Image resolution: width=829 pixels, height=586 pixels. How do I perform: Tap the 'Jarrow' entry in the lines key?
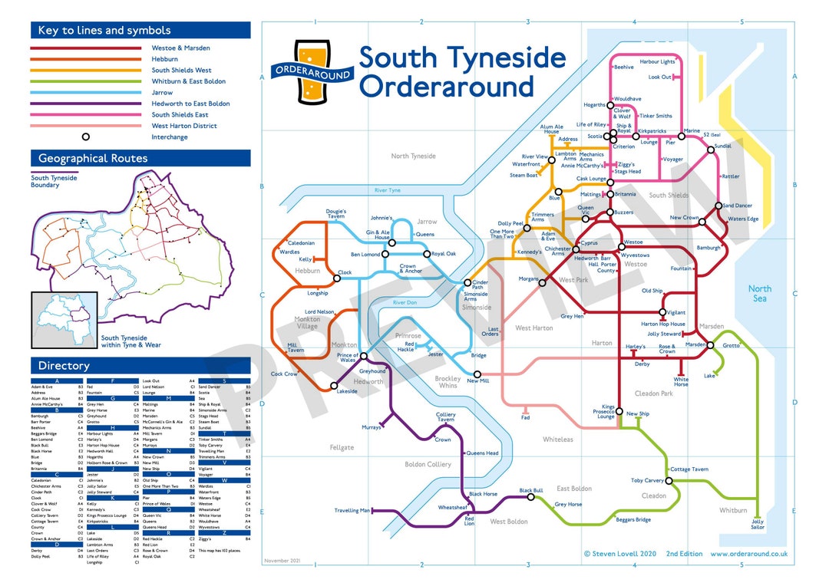click(162, 92)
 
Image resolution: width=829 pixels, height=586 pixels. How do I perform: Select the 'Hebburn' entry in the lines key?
click(165, 59)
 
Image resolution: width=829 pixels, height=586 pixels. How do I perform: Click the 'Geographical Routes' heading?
click(93, 159)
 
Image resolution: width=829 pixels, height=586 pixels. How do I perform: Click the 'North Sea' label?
click(760, 293)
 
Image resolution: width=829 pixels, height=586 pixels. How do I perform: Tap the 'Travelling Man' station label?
click(352, 510)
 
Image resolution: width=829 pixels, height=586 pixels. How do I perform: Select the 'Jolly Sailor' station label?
click(758, 524)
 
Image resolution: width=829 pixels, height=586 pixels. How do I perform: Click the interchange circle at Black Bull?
click(530, 497)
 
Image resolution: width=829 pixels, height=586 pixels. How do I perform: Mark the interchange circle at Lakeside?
click(333, 385)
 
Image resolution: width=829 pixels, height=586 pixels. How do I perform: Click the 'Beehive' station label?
click(623, 67)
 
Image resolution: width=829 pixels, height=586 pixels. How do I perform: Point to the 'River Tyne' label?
click(387, 190)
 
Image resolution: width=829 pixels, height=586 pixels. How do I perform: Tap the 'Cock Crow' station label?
click(284, 374)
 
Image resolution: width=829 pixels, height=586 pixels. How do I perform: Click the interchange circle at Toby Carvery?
click(669, 481)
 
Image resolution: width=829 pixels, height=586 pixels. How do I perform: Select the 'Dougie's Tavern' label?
click(335, 214)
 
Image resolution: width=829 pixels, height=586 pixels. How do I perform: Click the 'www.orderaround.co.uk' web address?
click(748, 553)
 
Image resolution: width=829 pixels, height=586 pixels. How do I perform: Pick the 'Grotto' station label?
click(731, 345)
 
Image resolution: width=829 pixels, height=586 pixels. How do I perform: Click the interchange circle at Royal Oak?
click(427, 254)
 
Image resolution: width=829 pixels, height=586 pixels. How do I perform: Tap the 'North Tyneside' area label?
click(413, 156)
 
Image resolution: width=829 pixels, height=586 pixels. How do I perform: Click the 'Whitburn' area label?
click(732, 510)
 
